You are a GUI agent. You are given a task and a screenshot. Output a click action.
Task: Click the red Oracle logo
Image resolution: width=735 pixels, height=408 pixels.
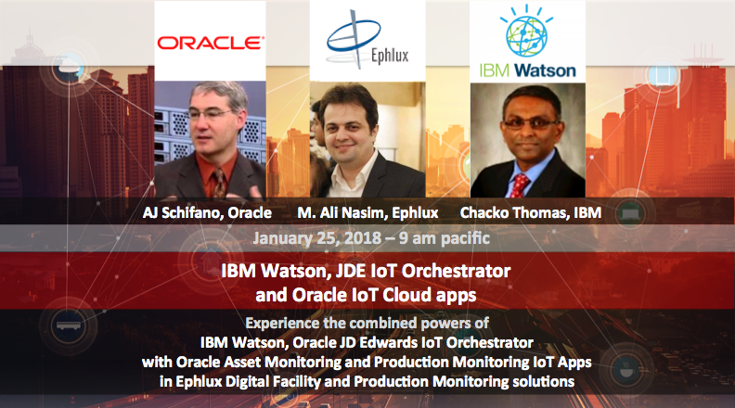tap(211, 43)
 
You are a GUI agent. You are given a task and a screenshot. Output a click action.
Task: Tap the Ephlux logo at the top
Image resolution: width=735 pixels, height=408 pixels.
tap(367, 40)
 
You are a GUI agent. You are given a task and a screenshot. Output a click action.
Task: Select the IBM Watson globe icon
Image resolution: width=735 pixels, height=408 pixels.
tap(527, 32)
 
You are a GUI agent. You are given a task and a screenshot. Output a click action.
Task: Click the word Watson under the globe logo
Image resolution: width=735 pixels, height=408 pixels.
tap(545, 70)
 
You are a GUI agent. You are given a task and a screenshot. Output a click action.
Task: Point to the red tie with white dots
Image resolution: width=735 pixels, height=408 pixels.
tap(519, 185)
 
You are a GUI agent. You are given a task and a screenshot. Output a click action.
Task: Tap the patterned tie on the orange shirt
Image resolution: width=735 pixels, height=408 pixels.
tap(219, 183)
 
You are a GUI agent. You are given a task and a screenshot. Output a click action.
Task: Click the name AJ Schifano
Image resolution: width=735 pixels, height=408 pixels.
tap(182, 212)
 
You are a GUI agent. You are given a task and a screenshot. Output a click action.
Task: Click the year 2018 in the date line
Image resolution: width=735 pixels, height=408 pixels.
tap(361, 238)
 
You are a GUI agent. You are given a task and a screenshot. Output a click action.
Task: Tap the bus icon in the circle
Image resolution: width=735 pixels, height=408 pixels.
tap(69, 325)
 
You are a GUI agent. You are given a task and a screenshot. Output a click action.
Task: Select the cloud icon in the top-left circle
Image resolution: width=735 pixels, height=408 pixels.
tap(69, 67)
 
